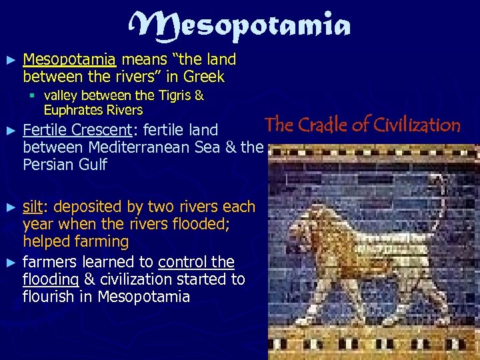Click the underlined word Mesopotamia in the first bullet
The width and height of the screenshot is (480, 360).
(70, 60)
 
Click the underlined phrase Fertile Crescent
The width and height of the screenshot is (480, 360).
(77, 129)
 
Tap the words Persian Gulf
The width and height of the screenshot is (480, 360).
(65, 164)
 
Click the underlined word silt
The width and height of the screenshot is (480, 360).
(33, 207)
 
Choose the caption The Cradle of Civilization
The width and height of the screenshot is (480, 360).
(362, 125)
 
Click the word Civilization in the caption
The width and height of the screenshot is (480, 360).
(418, 125)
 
